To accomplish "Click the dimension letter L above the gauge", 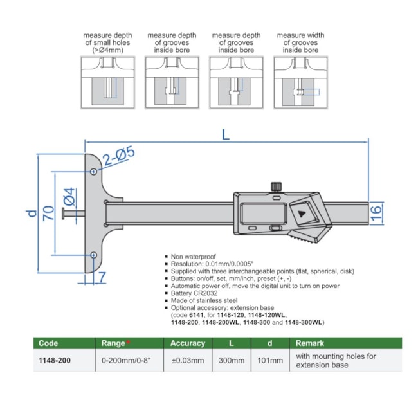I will point(225,135).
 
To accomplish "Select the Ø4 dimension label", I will point(69,196).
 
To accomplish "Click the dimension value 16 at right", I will point(377,212).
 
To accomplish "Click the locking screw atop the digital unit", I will point(275,186).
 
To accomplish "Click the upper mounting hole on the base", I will point(94,172).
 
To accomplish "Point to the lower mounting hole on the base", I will point(94,255).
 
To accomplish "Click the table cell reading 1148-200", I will point(55,360).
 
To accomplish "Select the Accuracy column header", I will point(188,343).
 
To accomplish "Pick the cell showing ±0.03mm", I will point(188,360).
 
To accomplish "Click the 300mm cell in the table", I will point(232,360).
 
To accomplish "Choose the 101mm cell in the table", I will point(271,360).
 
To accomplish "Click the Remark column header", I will point(310,343).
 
